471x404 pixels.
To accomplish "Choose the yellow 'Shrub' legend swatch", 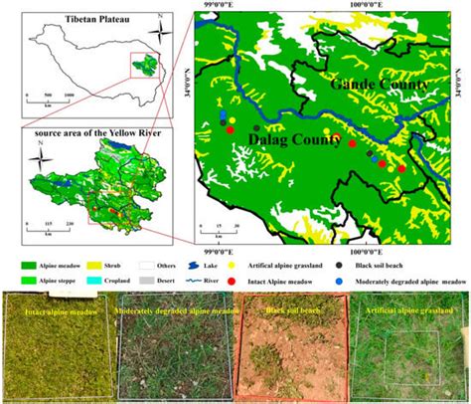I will (x=116, y=267).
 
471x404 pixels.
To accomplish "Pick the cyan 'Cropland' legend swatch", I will (x=116, y=283).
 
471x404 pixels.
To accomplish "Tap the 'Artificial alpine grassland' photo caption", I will (x=410, y=309).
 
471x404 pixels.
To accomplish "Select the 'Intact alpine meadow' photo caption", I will (x=55, y=309).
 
